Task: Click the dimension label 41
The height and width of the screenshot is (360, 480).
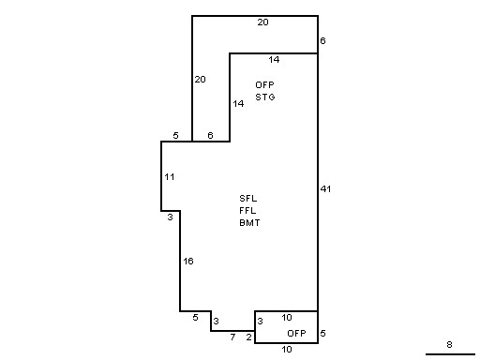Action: [325, 188]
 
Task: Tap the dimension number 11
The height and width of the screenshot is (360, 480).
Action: [170, 177]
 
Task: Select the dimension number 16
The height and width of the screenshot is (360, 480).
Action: [188, 261]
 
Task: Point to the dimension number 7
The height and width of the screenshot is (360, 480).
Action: [232, 337]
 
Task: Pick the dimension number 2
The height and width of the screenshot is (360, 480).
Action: [248, 337]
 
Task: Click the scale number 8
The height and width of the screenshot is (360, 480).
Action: [449, 344]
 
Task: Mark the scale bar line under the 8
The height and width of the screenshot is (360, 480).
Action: [450, 354]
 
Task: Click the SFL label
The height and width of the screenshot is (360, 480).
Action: [248, 199]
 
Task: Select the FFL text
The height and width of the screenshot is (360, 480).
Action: [247, 211]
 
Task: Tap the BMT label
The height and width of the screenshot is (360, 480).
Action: [249, 223]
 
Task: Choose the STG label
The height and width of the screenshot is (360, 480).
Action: [265, 97]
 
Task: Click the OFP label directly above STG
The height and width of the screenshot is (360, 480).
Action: [264, 84]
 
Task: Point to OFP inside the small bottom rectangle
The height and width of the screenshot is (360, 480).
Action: [296, 333]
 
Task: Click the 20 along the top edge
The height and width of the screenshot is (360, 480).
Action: [262, 22]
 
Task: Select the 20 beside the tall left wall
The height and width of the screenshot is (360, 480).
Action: [201, 80]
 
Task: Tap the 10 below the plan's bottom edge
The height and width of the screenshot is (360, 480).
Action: [287, 349]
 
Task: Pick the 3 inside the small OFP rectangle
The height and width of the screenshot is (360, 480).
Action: [260, 321]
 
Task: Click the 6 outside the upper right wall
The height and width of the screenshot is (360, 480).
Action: [322, 40]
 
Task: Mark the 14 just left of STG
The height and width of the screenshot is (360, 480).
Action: [238, 103]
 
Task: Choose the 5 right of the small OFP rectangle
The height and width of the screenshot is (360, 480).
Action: [322, 334]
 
